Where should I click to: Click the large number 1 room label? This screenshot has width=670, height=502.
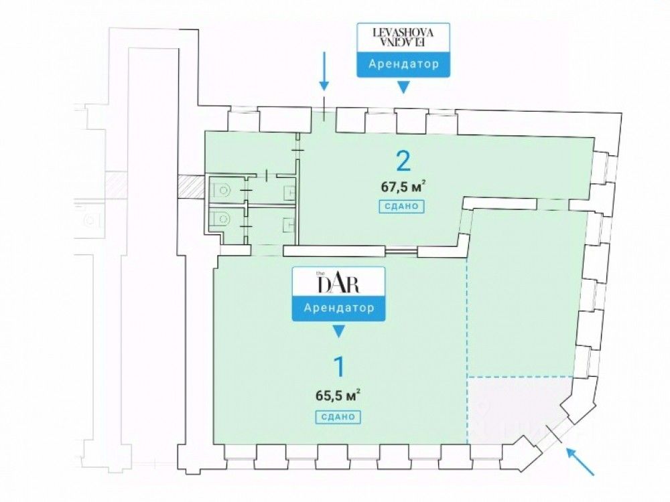339,367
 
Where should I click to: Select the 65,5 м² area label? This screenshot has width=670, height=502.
338,395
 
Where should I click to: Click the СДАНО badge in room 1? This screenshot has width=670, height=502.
338,416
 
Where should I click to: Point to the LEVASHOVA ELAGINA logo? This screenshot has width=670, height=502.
403,37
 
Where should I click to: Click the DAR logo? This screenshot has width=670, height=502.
339,283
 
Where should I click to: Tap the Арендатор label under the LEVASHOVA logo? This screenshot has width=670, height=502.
403,65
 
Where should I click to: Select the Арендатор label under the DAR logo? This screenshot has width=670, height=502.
338,309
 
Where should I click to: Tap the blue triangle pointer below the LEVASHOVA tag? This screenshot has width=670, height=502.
403,87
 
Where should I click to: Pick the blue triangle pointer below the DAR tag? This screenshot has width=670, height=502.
339,331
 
